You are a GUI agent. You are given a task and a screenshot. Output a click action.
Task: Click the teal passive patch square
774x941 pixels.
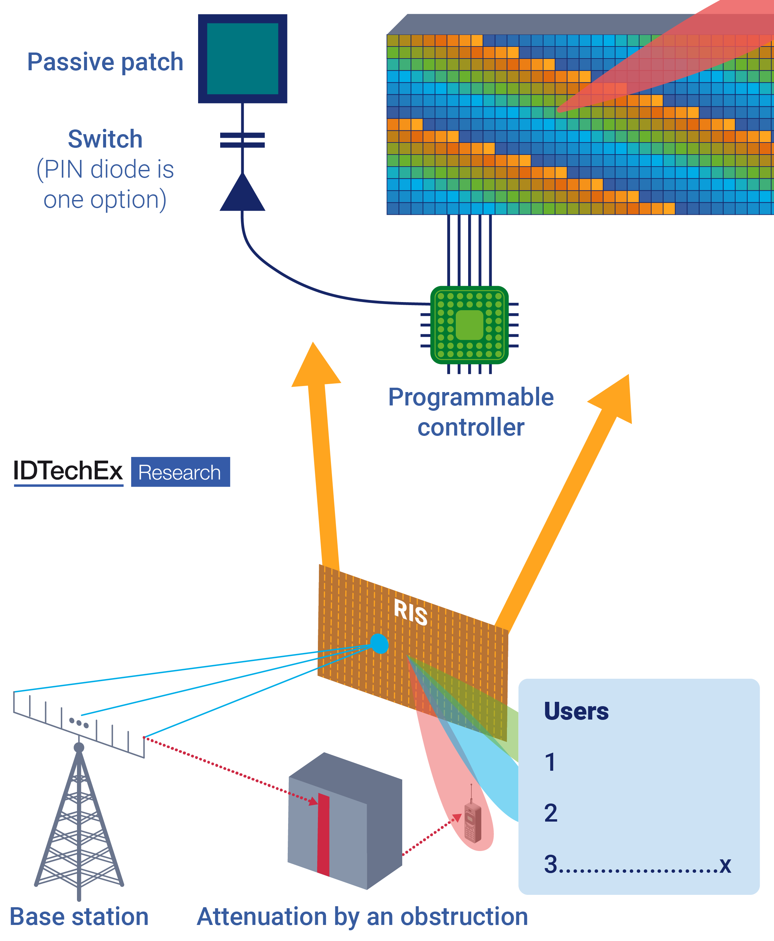tap(243, 59)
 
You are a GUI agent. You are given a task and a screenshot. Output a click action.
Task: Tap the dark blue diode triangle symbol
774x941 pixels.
tap(243, 194)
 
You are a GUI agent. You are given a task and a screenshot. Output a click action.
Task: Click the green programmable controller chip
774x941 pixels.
tap(469, 325)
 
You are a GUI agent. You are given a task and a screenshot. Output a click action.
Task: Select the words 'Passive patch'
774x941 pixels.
tap(105, 62)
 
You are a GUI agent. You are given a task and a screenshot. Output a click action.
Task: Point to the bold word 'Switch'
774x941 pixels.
tap(105, 139)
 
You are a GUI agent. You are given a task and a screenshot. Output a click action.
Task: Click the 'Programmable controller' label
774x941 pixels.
tap(471, 412)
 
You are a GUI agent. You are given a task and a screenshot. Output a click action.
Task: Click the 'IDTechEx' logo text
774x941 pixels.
tap(68, 471)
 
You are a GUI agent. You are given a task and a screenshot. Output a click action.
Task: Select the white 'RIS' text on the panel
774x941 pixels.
tap(411, 613)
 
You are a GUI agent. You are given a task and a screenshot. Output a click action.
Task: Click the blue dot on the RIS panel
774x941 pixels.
tap(379, 644)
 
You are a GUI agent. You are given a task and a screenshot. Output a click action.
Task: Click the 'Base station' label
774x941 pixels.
tap(79, 917)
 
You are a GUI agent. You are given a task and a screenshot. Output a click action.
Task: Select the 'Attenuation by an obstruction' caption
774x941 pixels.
tap(362, 917)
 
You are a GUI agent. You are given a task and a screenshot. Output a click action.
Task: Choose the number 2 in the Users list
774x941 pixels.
tap(550, 813)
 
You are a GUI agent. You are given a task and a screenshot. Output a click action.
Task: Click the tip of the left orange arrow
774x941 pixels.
tap(314, 346)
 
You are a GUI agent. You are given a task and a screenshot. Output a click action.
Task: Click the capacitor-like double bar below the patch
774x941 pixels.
tap(243, 140)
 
